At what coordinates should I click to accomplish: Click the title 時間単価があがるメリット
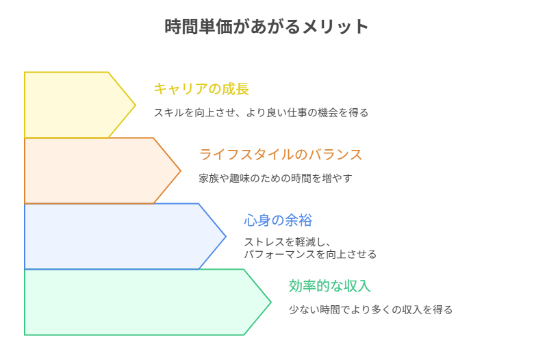(x=266, y=27)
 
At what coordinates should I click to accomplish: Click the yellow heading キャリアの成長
(x=201, y=89)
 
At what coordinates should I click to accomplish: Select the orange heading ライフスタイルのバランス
(x=280, y=155)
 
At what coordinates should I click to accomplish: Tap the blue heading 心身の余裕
(x=278, y=220)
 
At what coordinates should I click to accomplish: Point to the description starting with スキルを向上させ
(x=261, y=112)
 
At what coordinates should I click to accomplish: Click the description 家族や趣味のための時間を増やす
(x=275, y=178)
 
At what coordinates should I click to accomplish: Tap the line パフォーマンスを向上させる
(x=310, y=255)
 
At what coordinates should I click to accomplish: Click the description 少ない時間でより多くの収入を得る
(x=370, y=309)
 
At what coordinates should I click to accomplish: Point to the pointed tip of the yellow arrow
(x=134, y=105)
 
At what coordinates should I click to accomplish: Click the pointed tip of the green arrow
(x=270, y=302)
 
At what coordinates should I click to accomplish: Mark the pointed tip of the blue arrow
(x=225, y=236)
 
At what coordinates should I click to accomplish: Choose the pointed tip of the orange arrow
(x=179, y=170)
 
